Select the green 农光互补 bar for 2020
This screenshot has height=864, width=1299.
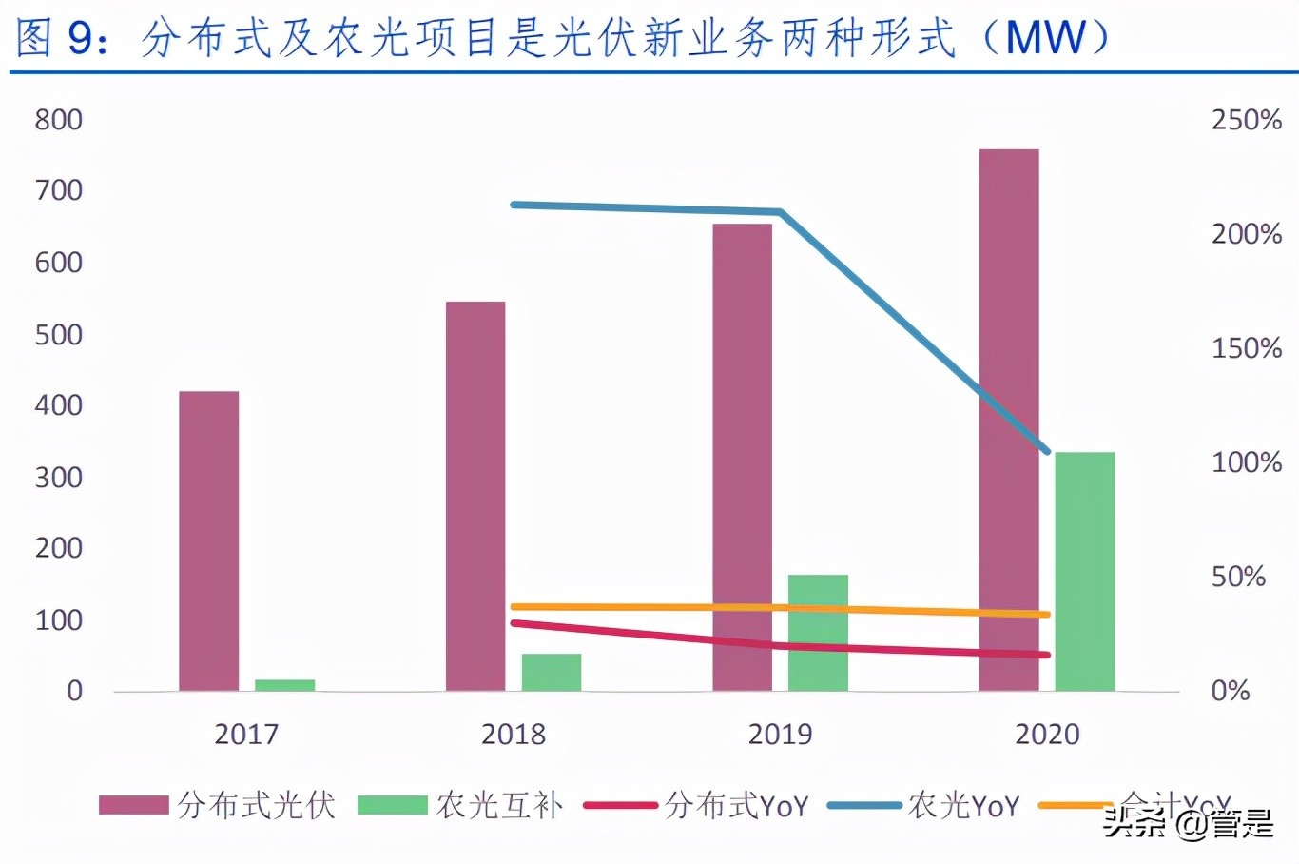[1084, 571]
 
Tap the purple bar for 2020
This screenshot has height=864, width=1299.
[1008, 419]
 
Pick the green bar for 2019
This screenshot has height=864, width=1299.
[817, 633]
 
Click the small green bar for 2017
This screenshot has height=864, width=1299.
[284, 685]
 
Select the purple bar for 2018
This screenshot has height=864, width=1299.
[475, 496]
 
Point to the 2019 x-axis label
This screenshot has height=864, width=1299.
[780, 734]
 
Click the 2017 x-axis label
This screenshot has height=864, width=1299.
[246, 734]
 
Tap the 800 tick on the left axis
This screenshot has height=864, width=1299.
[58, 120]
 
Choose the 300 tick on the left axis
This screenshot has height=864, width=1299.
[58, 477]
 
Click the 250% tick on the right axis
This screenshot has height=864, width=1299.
[1246, 120]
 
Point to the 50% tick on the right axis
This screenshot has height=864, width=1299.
[1237, 577]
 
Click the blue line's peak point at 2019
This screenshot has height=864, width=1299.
[780, 211]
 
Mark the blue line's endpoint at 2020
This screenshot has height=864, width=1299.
[1047, 451]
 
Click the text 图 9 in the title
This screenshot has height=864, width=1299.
[54, 38]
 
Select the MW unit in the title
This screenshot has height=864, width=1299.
[1045, 38]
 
